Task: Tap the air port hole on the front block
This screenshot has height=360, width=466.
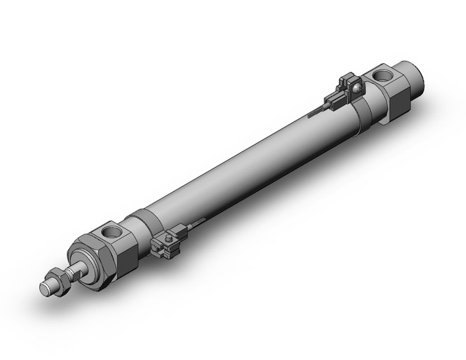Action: click(113, 232)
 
